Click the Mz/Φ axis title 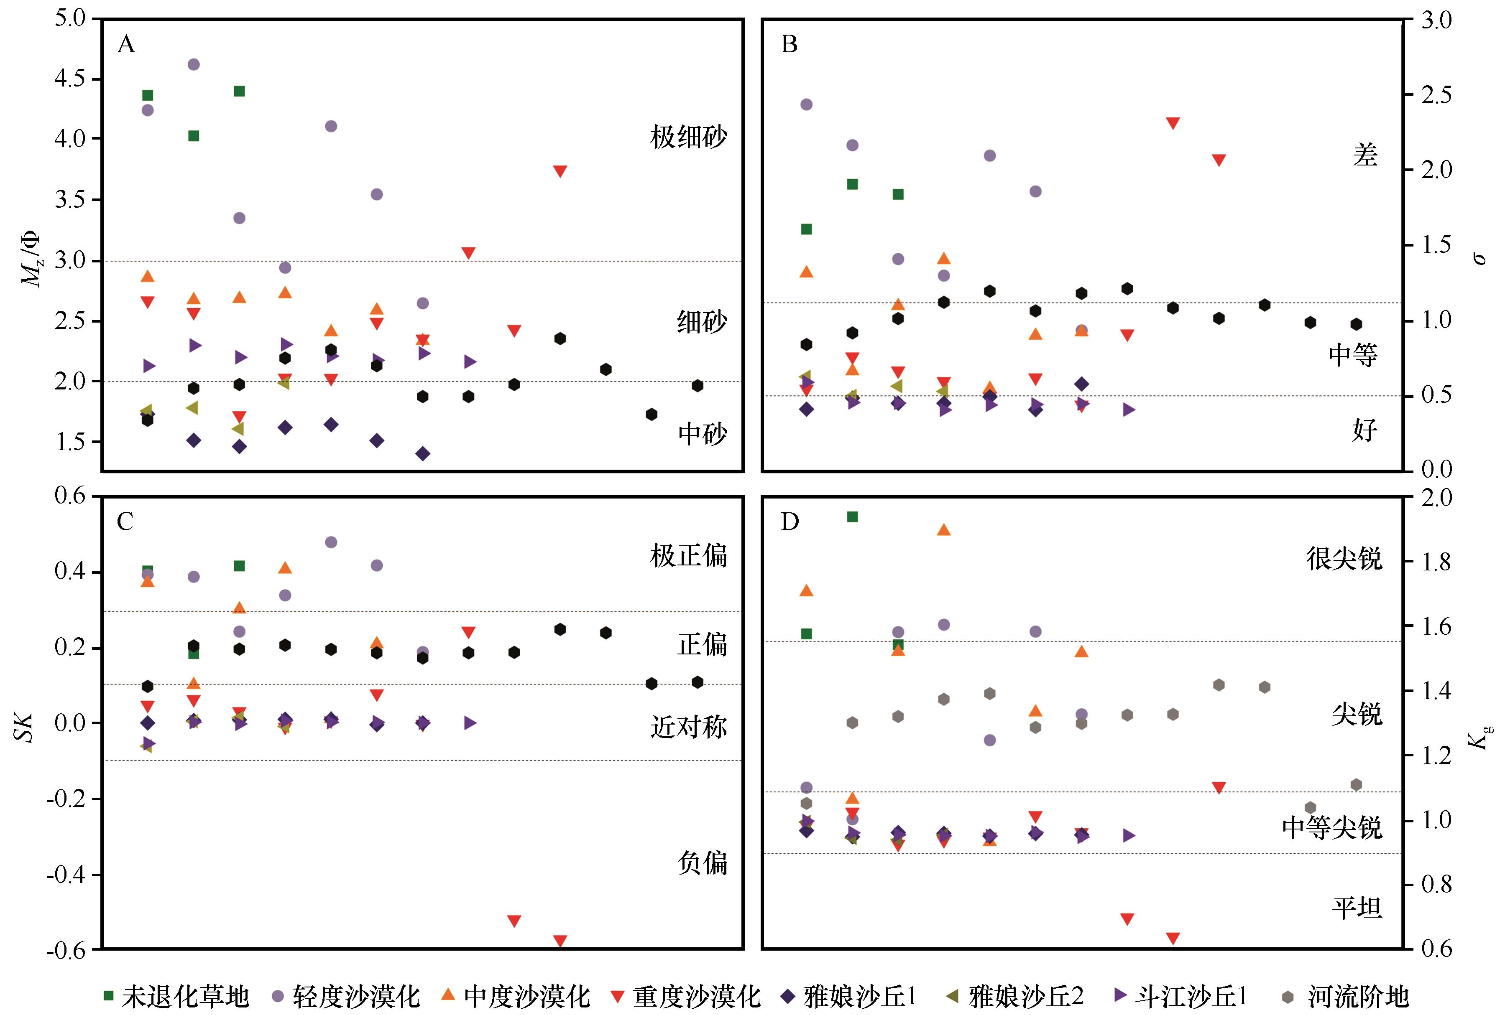[x=30, y=259]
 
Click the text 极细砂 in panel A [x=688, y=137]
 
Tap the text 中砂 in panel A [x=702, y=434]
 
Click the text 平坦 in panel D [x=1357, y=908]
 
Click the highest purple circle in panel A [x=193, y=64]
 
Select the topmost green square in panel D [x=852, y=516]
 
